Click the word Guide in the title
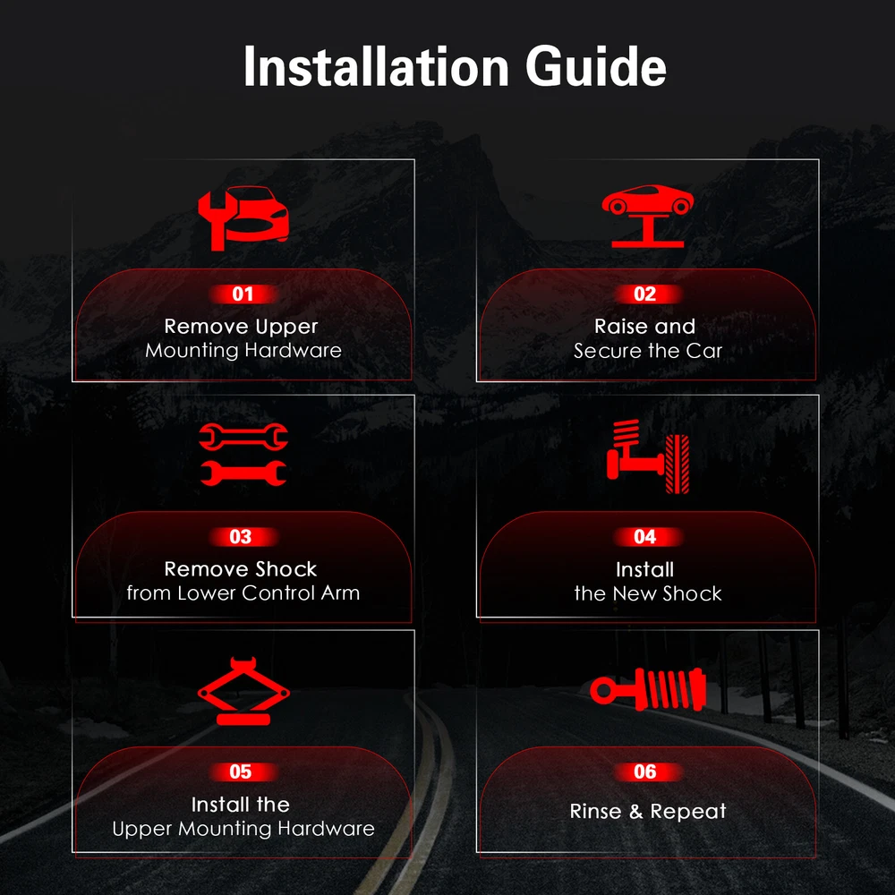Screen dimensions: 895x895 [595, 67]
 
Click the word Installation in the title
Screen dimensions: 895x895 [376, 66]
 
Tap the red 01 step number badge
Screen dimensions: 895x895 [243, 294]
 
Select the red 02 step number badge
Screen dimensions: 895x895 [645, 294]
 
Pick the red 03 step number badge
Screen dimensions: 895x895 [241, 536]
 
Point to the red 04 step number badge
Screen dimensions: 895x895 [645, 536]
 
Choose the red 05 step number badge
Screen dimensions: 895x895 [241, 771]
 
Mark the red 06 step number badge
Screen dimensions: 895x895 [645, 771]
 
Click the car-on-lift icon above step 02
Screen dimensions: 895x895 [647, 217]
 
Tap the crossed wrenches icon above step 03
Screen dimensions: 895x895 [243, 455]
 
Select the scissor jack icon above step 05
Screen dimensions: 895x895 [243, 691]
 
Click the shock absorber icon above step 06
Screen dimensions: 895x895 [648, 688]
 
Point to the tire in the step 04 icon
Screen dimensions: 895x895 [678, 464]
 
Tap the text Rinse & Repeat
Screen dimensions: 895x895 [648, 811]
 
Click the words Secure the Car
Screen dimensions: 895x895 [648, 351]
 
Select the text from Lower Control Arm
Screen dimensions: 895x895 [243, 593]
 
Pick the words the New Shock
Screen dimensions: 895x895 [648, 593]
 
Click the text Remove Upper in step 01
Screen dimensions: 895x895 [241, 327]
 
